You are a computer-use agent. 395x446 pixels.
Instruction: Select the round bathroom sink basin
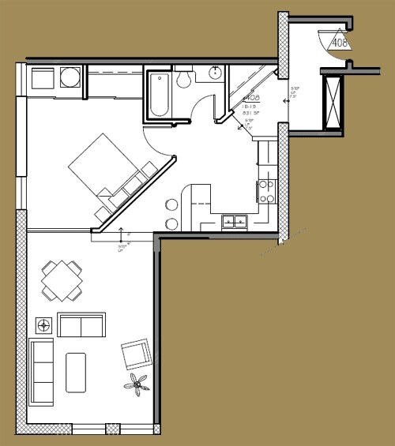click(x=214, y=73)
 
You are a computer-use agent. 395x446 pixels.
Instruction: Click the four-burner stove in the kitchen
click(x=266, y=189)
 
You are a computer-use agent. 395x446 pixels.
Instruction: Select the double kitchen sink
click(x=233, y=222)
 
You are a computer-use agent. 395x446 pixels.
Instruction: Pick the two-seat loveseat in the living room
click(x=81, y=324)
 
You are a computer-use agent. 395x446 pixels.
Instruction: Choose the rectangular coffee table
click(x=76, y=372)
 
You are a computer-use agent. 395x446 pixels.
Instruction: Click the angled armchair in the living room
click(x=137, y=353)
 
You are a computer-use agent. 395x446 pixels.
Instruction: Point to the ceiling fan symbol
click(x=139, y=385)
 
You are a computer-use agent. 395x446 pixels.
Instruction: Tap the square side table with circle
click(x=44, y=324)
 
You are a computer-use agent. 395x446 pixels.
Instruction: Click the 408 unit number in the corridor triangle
click(x=340, y=43)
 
